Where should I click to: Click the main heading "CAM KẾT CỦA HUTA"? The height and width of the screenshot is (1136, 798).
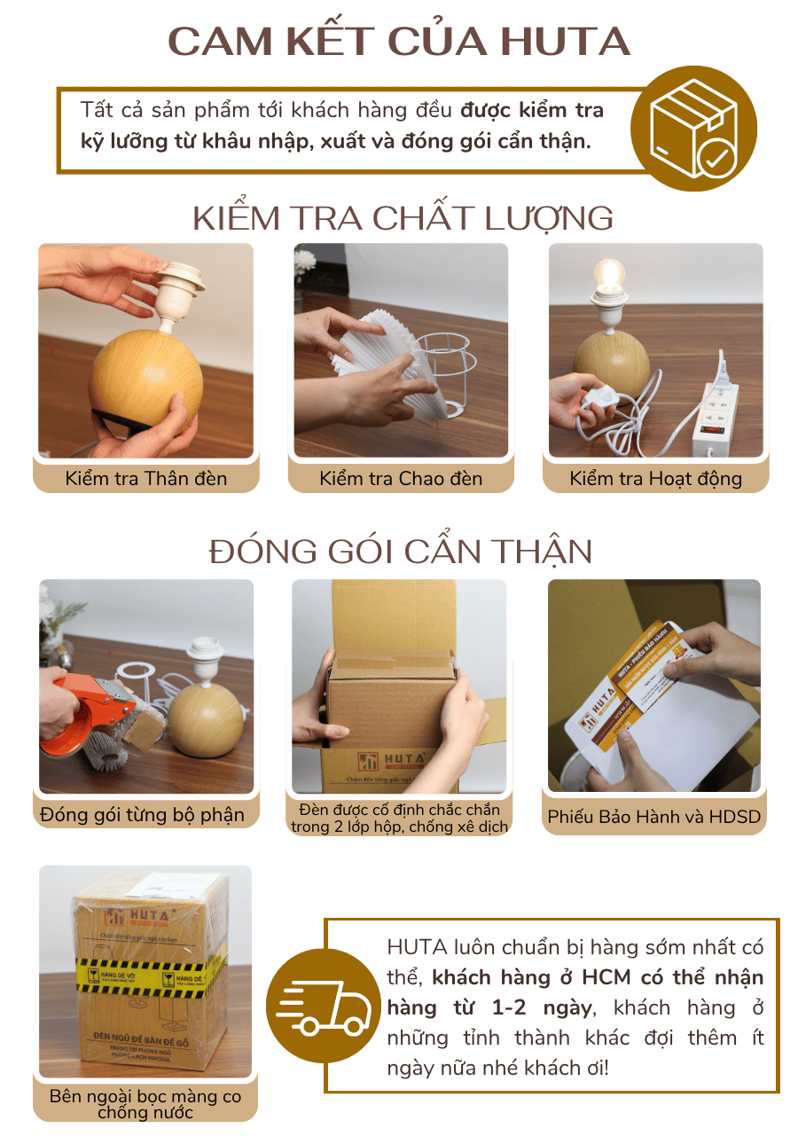tap(399, 42)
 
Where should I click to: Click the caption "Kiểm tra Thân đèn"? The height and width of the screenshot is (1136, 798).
tap(146, 479)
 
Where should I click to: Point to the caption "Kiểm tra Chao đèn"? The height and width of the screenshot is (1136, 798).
tap(401, 479)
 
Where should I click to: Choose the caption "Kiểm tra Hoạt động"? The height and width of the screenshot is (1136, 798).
tap(656, 479)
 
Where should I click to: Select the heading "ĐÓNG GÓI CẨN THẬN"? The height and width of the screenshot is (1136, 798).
tap(401, 552)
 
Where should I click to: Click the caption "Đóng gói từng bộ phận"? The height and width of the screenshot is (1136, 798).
tap(142, 814)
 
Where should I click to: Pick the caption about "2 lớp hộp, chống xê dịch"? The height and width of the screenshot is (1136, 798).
tap(400, 817)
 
